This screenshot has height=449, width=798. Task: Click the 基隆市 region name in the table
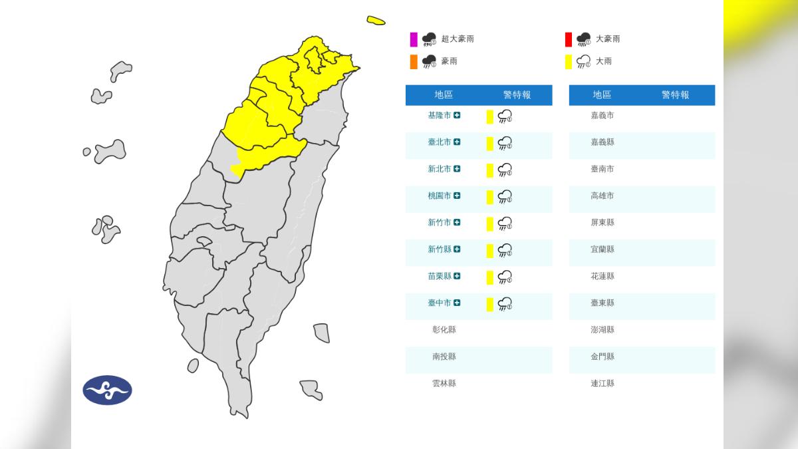tap(440, 116)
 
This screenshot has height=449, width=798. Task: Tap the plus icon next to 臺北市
tap(457, 142)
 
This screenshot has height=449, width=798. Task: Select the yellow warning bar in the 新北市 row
tap(489, 170)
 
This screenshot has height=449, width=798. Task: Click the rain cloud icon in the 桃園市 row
tap(505, 196)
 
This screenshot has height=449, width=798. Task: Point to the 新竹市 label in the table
tap(440, 223)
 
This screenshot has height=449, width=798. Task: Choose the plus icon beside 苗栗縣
tap(457, 276)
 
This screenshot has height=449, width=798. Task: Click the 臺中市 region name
tap(440, 303)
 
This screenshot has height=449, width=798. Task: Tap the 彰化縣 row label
tap(444, 330)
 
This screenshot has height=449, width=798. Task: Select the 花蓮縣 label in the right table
tap(602, 276)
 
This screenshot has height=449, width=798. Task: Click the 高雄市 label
tap(602, 196)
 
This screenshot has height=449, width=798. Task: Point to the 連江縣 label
tap(602, 383)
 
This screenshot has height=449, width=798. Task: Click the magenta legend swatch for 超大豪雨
tap(414, 39)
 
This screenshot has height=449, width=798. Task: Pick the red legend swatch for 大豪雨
tap(568, 39)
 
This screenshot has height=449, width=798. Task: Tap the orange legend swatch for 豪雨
tap(414, 62)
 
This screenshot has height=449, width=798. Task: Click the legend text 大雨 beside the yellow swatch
tap(603, 61)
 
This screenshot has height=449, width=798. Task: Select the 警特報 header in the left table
tap(517, 95)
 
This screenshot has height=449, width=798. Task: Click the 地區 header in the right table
tap(602, 95)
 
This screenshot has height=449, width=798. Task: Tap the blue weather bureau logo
tap(107, 390)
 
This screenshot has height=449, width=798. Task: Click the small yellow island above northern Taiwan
tap(376, 21)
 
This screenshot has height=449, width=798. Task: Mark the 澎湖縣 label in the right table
tap(602, 330)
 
